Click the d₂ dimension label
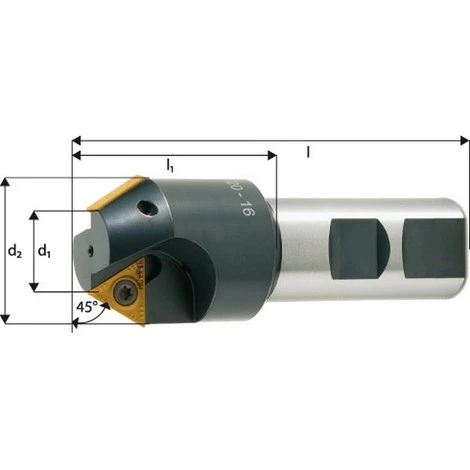[x=15, y=251]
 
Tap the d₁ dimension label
[x=45, y=251]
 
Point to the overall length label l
[x=307, y=150]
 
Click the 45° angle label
[x=86, y=309]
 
